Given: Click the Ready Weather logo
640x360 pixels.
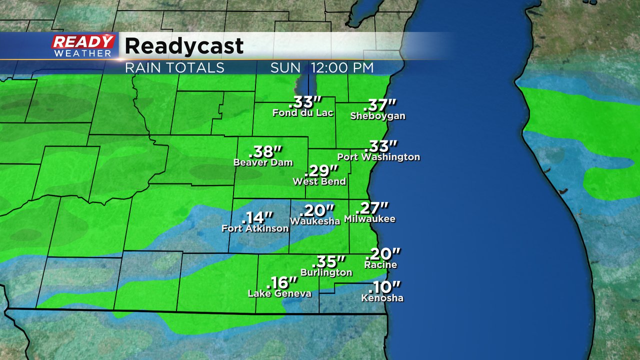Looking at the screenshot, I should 83,46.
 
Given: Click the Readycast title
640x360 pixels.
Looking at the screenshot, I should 184,46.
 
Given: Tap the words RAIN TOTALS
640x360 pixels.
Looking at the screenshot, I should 174,68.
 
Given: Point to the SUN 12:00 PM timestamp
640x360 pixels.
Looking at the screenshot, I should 322,68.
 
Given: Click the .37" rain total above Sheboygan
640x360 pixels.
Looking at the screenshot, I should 379,105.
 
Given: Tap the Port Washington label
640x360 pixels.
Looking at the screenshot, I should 378,157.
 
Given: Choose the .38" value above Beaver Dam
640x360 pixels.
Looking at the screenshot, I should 265,151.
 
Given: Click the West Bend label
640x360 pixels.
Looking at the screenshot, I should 319,181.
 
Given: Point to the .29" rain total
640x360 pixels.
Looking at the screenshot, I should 321,170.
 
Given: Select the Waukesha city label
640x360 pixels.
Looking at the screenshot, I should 315,221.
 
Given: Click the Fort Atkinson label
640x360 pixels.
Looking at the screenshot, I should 255,228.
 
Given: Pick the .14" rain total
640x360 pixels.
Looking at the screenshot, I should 258,218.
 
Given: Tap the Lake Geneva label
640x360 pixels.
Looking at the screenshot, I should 279,293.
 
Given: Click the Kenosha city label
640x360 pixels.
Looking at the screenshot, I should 382,298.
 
